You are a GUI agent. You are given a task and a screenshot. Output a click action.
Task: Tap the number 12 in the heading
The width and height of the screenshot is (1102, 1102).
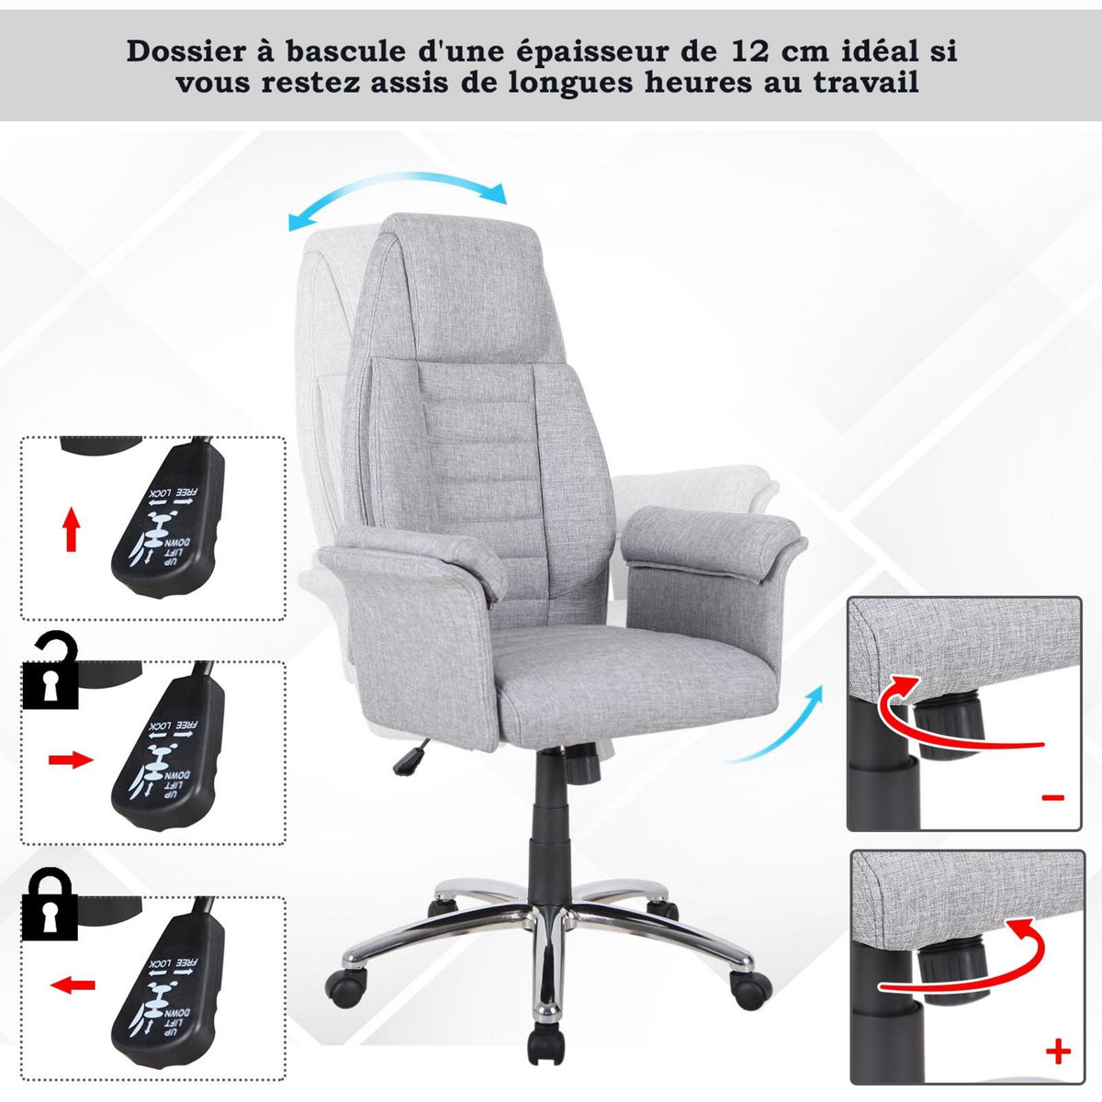[755, 51]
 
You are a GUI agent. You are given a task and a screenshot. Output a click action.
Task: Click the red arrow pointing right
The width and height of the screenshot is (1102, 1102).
[71, 759]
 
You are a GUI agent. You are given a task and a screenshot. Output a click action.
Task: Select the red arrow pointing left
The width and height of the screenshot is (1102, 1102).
[73, 985]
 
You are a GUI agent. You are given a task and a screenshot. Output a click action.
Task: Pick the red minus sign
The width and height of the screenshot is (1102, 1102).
[1053, 797]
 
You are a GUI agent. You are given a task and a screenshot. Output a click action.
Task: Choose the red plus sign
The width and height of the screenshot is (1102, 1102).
[1058, 1051]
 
